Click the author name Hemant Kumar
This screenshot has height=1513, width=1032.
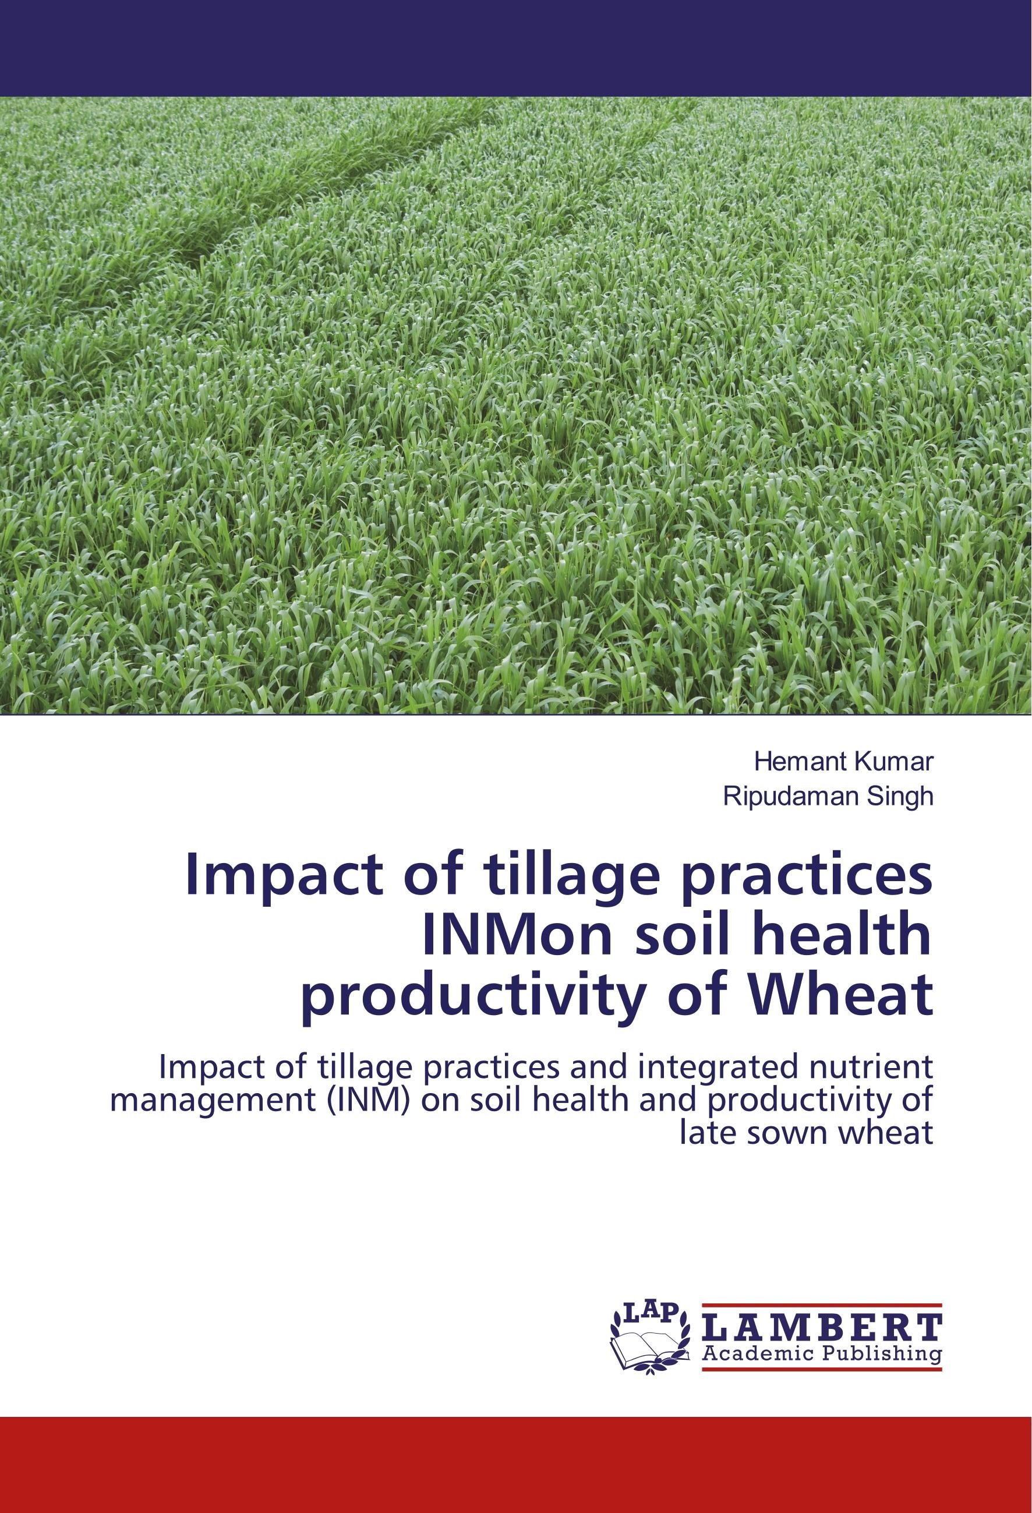tap(843, 761)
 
